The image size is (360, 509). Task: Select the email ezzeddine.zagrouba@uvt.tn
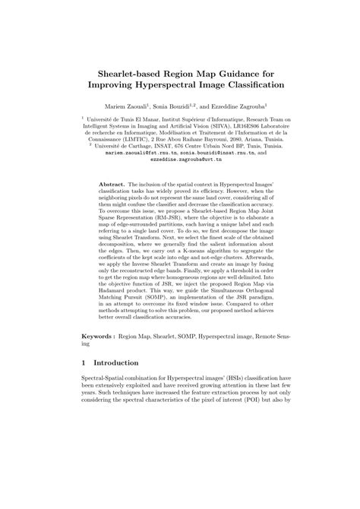pyautogui.click(x=180, y=160)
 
